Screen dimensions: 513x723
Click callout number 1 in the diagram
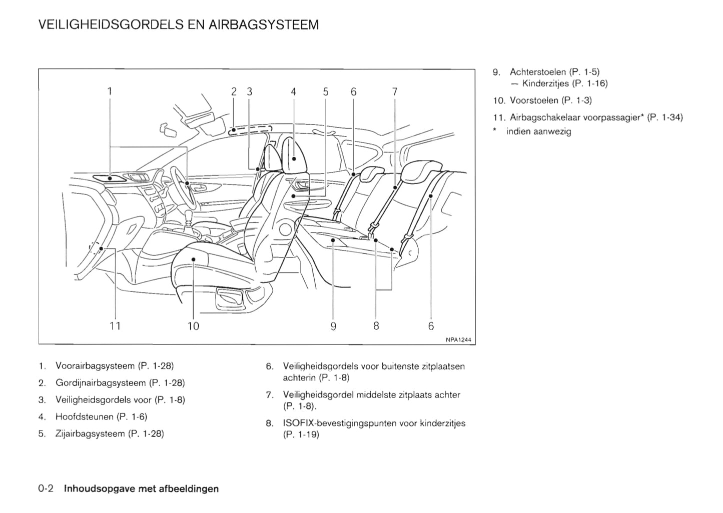click(110, 91)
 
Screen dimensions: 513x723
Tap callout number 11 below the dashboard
click(115, 326)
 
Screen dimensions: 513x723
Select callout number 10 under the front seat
click(193, 326)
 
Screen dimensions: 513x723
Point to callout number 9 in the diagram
click(333, 326)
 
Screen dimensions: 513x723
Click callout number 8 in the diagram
click(376, 326)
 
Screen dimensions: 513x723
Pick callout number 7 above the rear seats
click(395, 91)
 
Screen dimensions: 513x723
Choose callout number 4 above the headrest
click(293, 91)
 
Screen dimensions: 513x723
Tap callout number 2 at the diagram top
click(234, 91)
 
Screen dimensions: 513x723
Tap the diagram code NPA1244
click(458, 340)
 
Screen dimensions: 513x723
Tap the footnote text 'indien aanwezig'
click(538, 131)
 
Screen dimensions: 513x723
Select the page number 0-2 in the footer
click(49, 488)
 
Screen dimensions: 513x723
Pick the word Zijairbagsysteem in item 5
click(90, 433)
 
